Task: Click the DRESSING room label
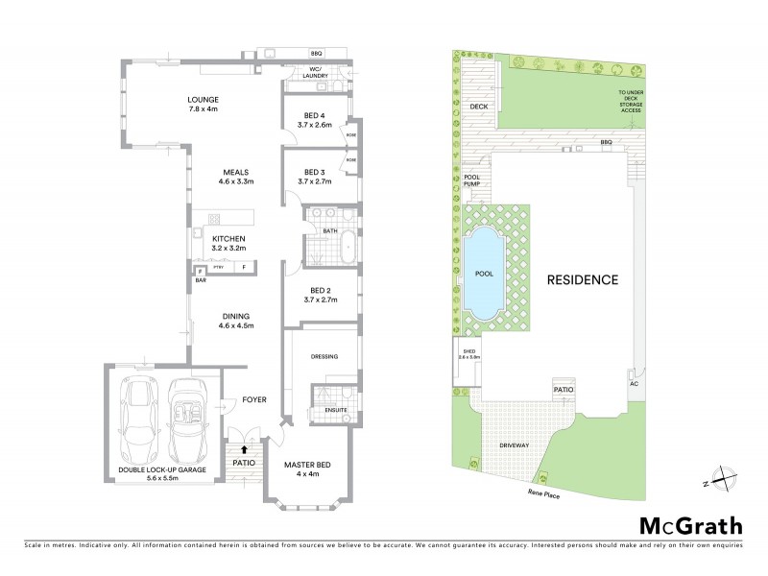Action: (x=324, y=356)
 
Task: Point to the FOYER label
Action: (x=253, y=399)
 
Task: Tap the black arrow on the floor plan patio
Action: (x=244, y=447)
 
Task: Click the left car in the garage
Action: (x=141, y=419)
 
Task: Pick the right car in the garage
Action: (x=187, y=420)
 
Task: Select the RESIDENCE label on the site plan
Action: (x=583, y=280)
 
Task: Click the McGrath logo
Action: (x=690, y=525)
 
